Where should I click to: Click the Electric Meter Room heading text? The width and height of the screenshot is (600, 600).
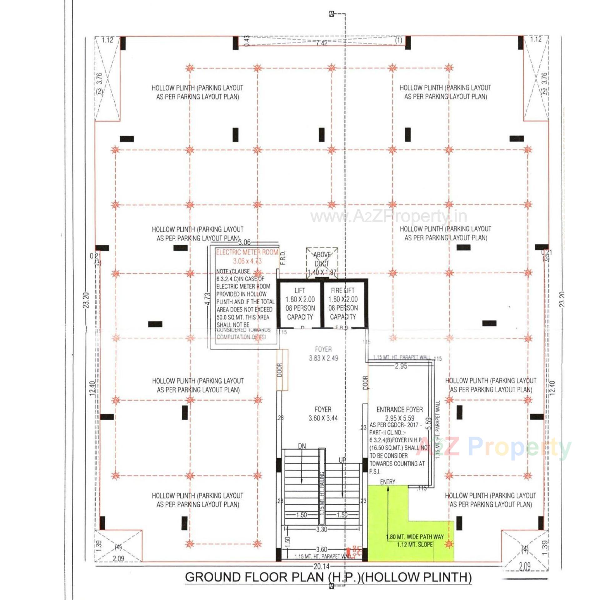(247, 252)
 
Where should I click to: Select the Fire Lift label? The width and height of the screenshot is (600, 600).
(342, 290)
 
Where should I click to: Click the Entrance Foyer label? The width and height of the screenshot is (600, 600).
(399, 409)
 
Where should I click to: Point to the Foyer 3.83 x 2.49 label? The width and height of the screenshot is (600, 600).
(323, 354)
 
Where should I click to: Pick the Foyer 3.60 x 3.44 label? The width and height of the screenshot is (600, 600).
(323, 414)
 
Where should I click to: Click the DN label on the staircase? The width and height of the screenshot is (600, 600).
(302, 446)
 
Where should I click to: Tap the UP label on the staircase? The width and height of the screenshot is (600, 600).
(342, 460)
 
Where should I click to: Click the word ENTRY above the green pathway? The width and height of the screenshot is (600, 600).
(387, 482)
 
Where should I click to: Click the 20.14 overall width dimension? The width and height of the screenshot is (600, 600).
(322, 567)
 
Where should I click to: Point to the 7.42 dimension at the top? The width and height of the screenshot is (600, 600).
(322, 43)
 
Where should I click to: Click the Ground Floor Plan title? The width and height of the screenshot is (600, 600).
(328, 577)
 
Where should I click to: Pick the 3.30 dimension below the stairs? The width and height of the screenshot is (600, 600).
(322, 529)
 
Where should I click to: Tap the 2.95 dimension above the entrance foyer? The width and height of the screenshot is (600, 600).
(401, 366)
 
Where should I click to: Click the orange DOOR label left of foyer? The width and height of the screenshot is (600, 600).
(280, 370)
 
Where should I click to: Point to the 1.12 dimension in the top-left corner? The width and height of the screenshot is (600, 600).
(107, 40)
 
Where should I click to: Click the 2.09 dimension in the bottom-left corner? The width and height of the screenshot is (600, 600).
(118, 558)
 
